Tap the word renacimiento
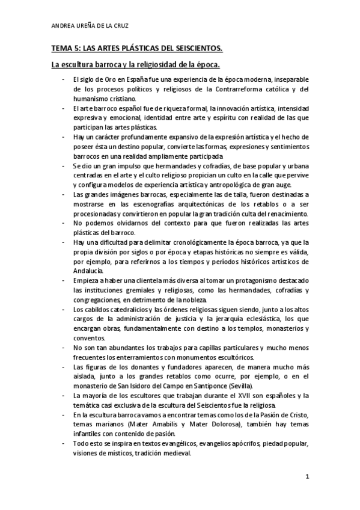pyautogui.click(x=267, y=214)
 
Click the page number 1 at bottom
pyautogui.click(x=307, y=477)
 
